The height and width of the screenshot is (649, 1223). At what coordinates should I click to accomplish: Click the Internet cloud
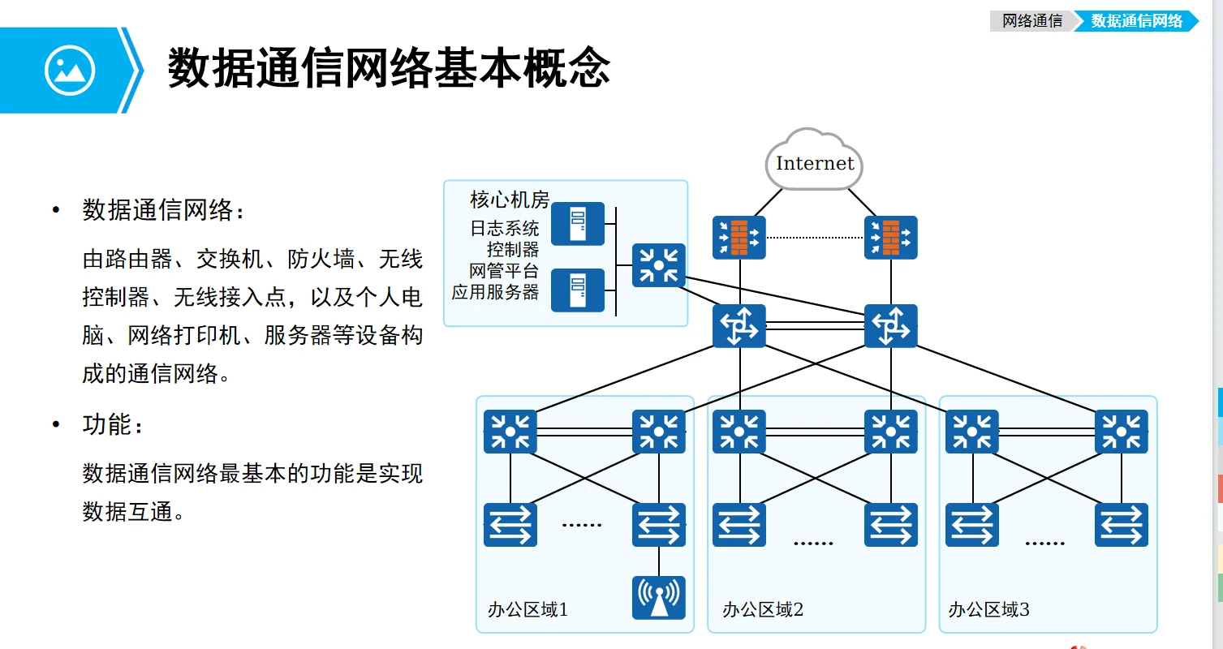(x=814, y=162)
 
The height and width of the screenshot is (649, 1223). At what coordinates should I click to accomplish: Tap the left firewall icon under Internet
(x=739, y=238)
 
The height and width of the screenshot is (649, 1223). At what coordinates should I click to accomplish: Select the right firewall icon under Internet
(x=891, y=238)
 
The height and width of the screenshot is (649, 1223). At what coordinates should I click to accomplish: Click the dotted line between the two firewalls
(x=815, y=238)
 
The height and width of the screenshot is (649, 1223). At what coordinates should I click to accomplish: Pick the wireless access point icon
(x=659, y=598)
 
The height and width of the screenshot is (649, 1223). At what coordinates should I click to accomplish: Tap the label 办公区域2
(x=762, y=609)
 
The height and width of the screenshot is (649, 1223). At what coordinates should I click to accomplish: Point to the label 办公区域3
(x=988, y=609)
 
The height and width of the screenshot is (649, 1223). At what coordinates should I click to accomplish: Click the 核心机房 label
(x=510, y=199)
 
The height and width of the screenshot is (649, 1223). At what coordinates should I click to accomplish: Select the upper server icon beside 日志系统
(x=578, y=224)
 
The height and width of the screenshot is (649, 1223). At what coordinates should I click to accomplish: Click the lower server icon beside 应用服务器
(x=578, y=290)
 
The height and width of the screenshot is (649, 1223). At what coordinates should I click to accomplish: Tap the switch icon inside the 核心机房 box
(x=659, y=265)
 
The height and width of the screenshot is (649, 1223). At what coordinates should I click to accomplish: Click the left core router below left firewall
(x=739, y=326)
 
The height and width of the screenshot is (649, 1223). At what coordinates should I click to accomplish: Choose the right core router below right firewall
(x=891, y=326)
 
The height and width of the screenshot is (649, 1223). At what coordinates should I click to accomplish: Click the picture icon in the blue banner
(x=70, y=71)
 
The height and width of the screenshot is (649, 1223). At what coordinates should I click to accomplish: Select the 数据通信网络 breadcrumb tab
(x=1136, y=21)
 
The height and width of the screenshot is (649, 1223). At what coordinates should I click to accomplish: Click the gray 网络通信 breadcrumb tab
(x=1032, y=21)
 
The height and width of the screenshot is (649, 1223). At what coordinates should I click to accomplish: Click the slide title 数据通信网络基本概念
(x=389, y=68)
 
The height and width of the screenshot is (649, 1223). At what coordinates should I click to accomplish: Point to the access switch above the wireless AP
(x=659, y=525)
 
